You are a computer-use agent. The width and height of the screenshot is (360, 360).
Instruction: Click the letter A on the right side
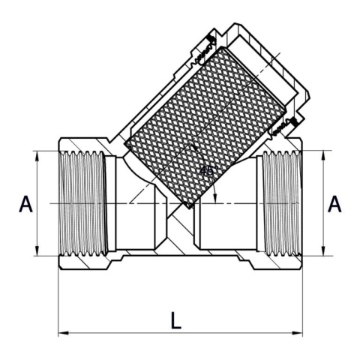pyautogui.click(x=335, y=204)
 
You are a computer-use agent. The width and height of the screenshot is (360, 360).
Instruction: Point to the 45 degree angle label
pyautogui.click(x=207, y=170)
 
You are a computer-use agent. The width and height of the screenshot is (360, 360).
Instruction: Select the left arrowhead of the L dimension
pyautogui.click(x=61, y=331)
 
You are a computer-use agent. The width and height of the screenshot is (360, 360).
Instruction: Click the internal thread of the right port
pyautogui.click(x=279, y=203)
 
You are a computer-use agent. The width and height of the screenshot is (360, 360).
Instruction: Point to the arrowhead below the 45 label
pyautogui.click(x=215, y=198)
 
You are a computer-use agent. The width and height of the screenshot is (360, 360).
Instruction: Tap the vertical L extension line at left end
pyautogui.click(x=58, y=300)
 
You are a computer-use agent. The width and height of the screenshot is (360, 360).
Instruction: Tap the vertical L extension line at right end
pyautogui.click(x=304, y=300)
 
